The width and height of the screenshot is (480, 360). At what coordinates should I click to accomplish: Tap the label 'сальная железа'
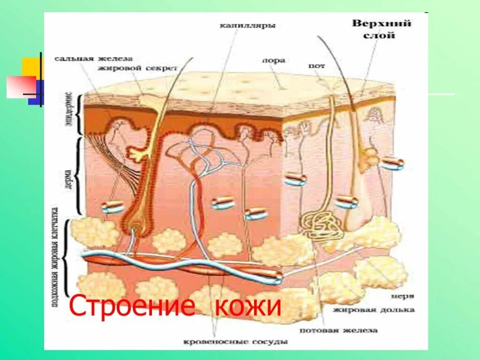coord(93,59)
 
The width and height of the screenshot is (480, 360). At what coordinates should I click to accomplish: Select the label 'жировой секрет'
coord(137,68)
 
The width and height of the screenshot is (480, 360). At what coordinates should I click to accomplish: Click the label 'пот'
coord(317,66)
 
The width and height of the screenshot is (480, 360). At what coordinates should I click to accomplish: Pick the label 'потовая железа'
coord(348,330)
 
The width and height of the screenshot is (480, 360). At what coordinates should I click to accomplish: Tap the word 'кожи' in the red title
coord(248,307)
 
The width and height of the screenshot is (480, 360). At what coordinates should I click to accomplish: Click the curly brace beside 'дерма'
coord(78,176)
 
